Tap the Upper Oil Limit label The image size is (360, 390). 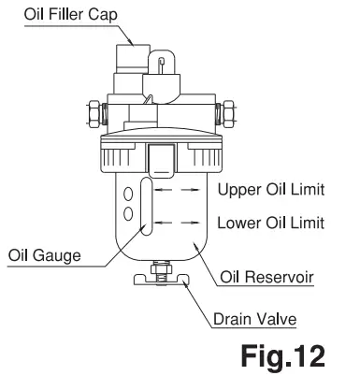point(270,190)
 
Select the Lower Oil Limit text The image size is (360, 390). point(270,224)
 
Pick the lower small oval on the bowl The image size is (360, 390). point(125,215)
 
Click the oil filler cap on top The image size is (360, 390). point(130,60)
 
